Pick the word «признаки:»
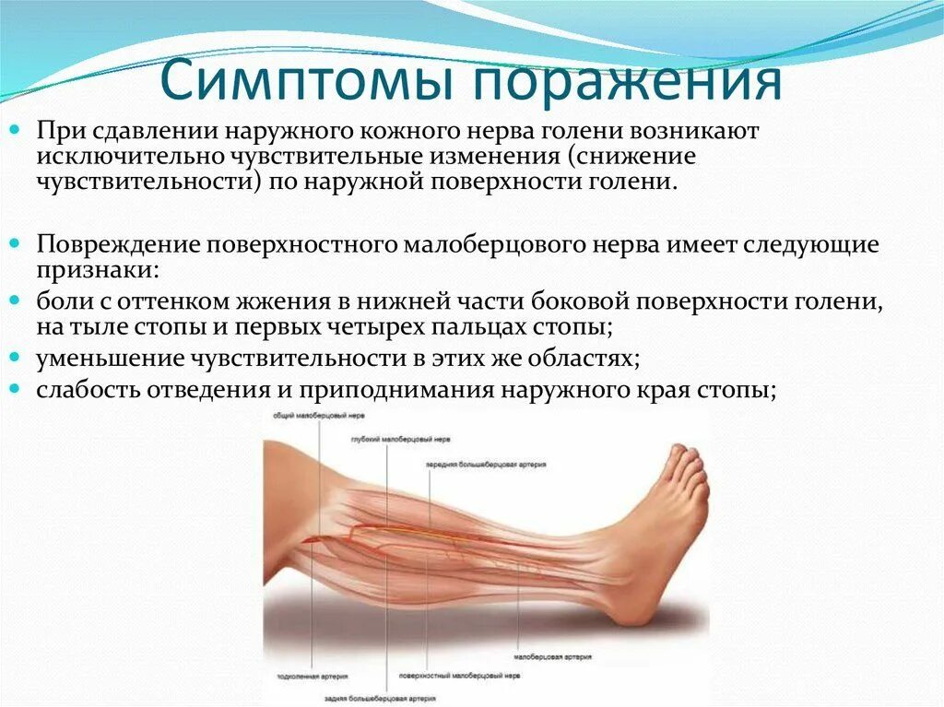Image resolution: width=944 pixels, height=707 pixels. (97, 270)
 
